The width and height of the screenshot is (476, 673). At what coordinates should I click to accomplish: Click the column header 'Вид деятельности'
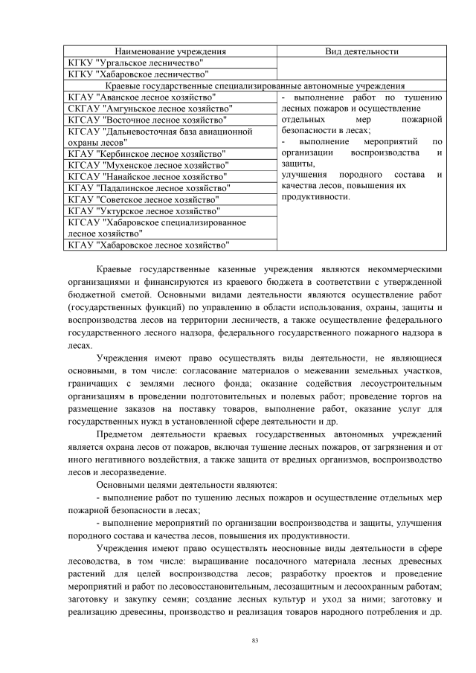tap(361, 51)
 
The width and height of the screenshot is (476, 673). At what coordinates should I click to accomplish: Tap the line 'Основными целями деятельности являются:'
tap(187, 484)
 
